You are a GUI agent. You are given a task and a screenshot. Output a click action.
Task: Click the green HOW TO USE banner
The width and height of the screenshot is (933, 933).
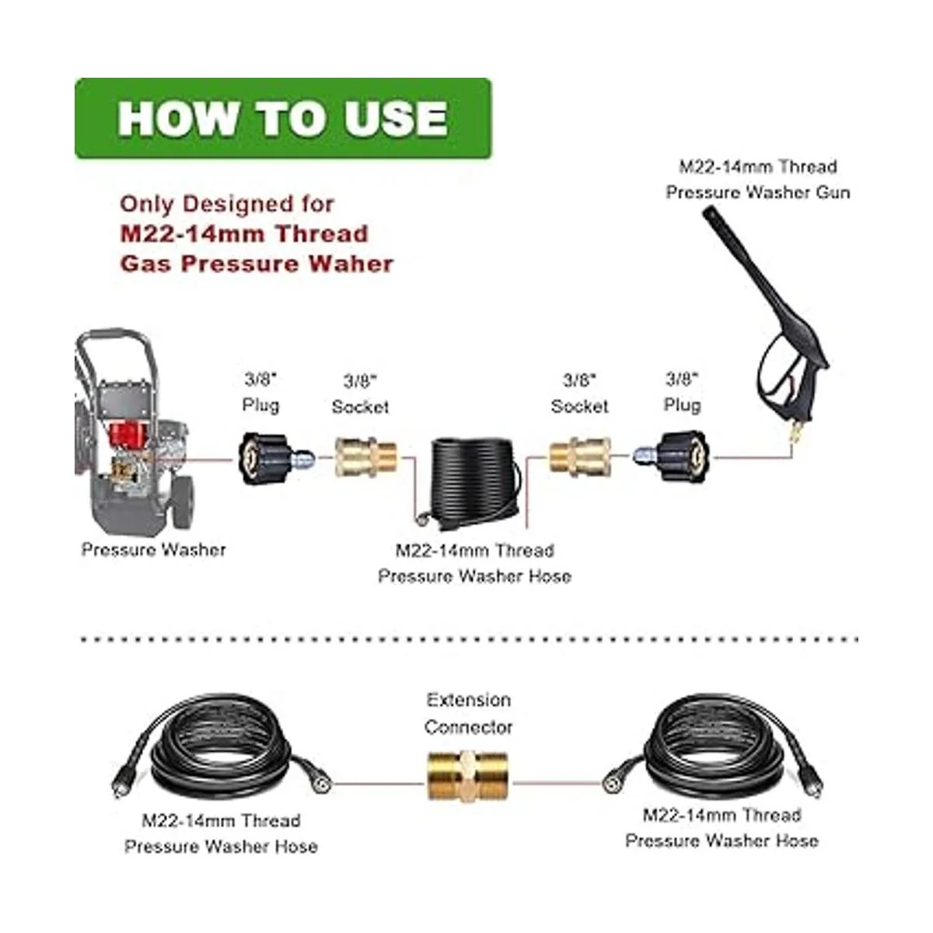pos(283,118)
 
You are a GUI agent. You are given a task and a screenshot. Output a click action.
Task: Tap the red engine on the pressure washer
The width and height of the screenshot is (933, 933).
pos(127,438)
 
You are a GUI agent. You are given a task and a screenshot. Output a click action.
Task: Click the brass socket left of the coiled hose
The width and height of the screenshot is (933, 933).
pos(366,457)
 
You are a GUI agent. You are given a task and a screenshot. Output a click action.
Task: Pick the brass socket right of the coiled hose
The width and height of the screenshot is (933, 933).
pos(579,456)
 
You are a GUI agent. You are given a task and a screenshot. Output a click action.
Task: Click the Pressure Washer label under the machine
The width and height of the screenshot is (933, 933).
pos(153,550)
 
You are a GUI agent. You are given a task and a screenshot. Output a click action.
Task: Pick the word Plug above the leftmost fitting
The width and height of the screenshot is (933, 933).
pos(261,405)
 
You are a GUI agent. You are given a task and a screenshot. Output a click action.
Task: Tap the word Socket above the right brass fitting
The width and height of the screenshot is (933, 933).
pos(579,406)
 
